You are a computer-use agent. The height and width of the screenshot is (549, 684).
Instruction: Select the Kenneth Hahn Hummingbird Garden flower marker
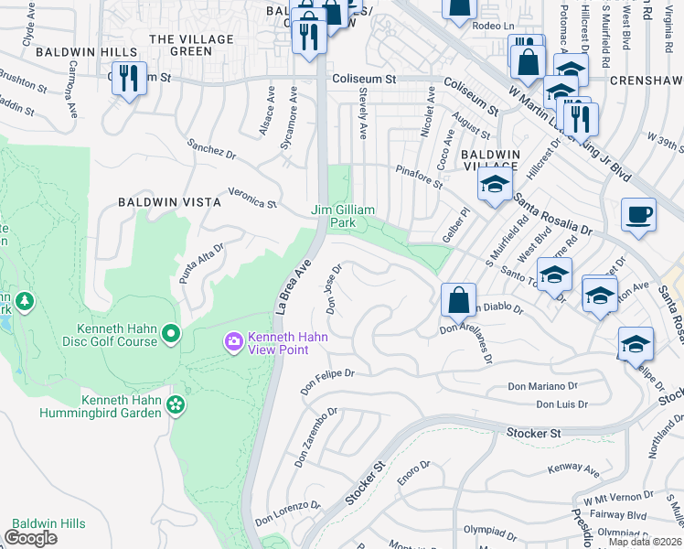coord(176,404)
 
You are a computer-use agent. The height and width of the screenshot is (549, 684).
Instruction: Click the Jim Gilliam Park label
coord(344,216)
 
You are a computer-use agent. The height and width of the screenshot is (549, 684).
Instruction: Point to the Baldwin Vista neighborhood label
coord(169,201)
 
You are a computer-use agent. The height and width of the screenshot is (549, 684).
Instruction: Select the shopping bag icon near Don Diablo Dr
coord(457,300)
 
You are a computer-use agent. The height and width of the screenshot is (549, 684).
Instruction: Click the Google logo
coord(30,538)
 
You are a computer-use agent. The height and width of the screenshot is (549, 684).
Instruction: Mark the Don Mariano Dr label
coord(544,387)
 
